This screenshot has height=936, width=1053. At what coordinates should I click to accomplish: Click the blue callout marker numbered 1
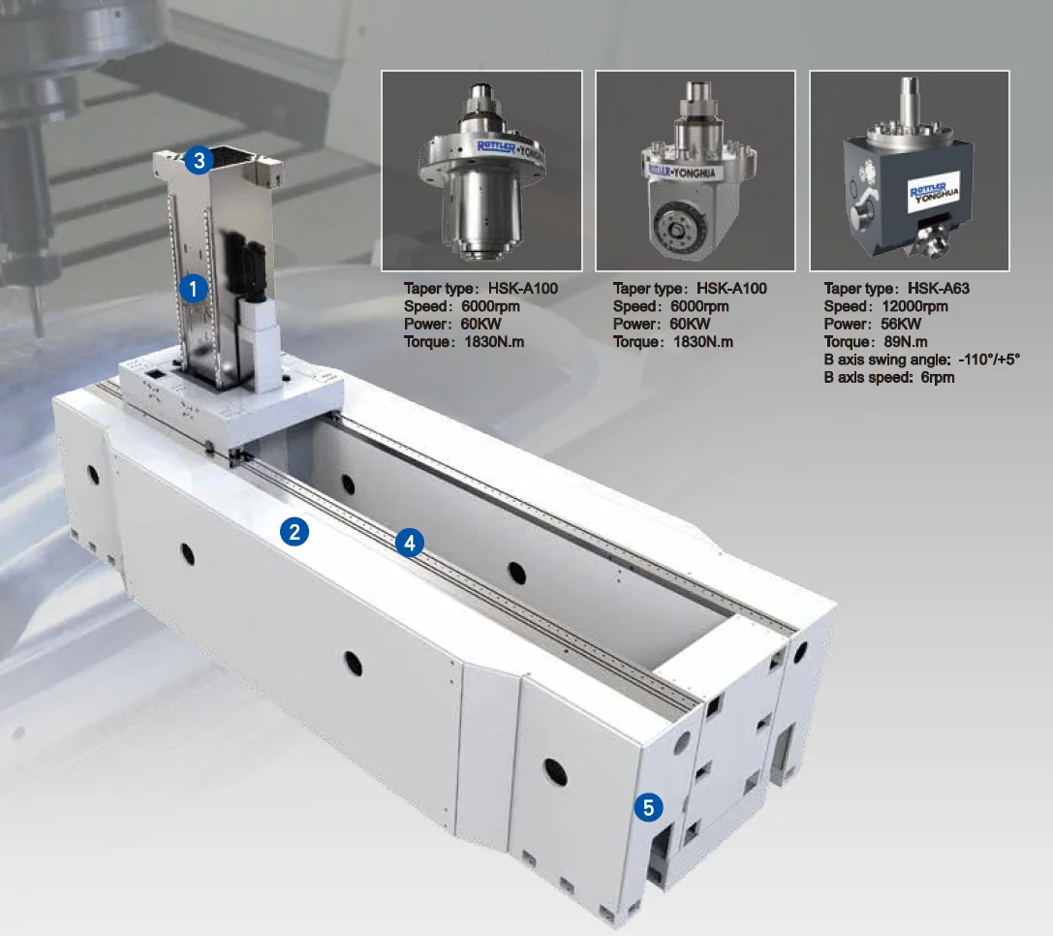pos(195,288)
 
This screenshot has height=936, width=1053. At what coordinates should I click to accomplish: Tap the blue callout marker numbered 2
pos(294,531)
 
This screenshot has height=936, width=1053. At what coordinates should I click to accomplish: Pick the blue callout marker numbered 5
pos(649,806)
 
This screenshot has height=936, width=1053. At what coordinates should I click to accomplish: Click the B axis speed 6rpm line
pos(888,377)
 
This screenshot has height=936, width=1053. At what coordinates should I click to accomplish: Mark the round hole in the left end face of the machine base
pos(93,475)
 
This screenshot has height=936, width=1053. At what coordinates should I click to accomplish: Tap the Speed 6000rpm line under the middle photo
pos(671,306)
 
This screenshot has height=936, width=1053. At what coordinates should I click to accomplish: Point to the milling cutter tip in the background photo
pos(35,320)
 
